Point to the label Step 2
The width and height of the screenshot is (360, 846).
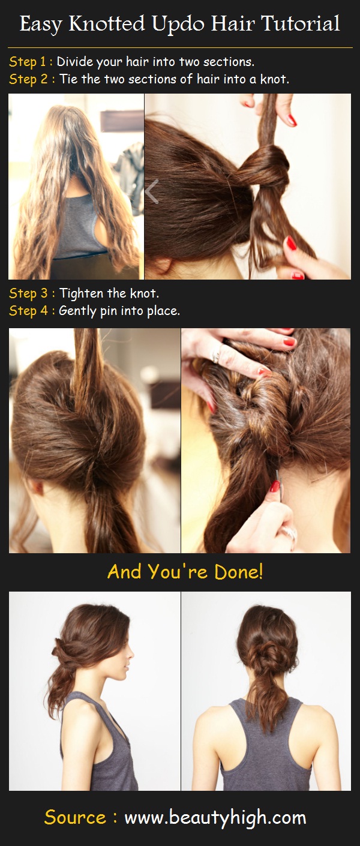pyautogui.click(x=28, y=79)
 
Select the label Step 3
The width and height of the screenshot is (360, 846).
pyautogui.click(x=28, y=293)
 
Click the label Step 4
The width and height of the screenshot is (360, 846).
pyautogui.click(x=28, y=311)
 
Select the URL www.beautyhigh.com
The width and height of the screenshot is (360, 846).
pyautogui.click(x=215, y=817)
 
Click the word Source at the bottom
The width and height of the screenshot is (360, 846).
pyautogui.click(x=75, y=817)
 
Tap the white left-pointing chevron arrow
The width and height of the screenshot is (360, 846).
pyautogui.click(x=152, y=192)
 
